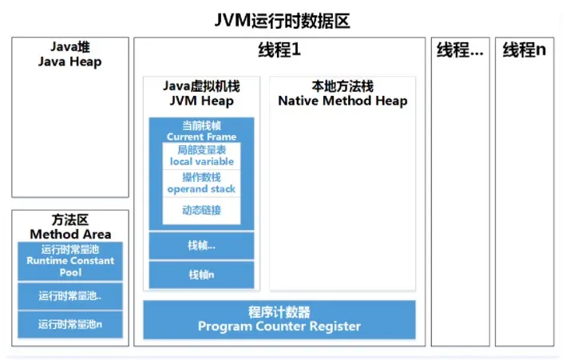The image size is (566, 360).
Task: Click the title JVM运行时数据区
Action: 283,20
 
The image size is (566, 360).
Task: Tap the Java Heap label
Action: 69,55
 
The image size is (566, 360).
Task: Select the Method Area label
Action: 70,227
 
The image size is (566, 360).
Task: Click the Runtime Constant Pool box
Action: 70,261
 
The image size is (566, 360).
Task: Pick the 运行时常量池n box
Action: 70,324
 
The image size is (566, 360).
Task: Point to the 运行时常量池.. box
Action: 70,296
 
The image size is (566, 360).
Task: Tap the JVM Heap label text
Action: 201,101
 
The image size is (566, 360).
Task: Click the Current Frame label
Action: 201,132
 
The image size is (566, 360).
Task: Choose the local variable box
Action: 201,156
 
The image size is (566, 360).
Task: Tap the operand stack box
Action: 201,184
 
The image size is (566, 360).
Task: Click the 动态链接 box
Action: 201,211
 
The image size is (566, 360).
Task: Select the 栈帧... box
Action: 201,246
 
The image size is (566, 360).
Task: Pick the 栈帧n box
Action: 201,275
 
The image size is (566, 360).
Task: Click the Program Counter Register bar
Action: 279,319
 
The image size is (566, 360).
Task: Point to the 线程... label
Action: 460,50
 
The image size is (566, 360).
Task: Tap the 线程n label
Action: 524,50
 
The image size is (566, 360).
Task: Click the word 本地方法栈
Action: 342,86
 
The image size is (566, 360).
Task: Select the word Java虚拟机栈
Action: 201,86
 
